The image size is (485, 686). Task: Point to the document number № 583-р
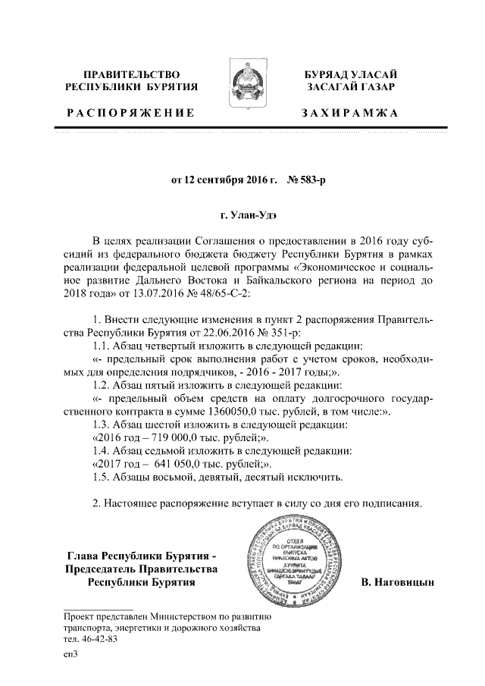point(306,180)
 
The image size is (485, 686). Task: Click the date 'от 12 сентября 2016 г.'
point(226,180)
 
